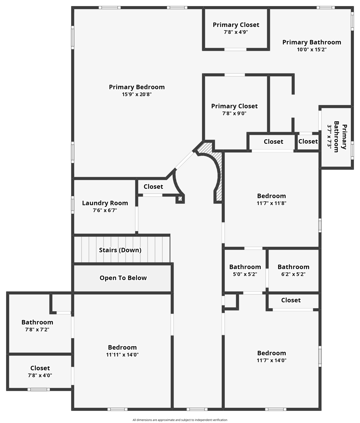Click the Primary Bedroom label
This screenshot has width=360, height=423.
point(137,87)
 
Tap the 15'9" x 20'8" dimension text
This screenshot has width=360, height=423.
point(137,94)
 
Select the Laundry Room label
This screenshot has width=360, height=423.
point(105,203)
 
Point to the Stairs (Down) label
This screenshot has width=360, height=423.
point(120,250)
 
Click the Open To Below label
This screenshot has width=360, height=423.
point(123,278)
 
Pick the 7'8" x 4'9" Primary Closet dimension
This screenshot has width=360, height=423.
point(236,32)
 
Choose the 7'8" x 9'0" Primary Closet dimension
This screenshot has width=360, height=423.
point(234,113)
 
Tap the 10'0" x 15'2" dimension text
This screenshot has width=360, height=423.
point(312,50)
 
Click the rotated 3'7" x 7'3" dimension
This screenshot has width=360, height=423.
point(329,137)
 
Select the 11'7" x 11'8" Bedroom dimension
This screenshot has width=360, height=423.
point(271,203)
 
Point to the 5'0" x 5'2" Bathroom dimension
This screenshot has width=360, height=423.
point(245,274)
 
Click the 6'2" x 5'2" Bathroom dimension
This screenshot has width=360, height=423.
point(293,274)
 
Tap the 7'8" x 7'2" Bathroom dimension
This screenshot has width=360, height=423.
point(37,329)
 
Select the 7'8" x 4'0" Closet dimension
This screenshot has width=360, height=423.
point(40,375)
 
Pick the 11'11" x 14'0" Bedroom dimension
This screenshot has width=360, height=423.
point(122,355)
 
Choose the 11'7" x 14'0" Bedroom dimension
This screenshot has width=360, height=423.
point(271,360)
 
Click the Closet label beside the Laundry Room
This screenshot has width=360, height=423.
point(153,186)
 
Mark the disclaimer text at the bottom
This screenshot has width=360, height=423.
point(180,420)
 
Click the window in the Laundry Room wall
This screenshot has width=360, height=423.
point(73,205)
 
